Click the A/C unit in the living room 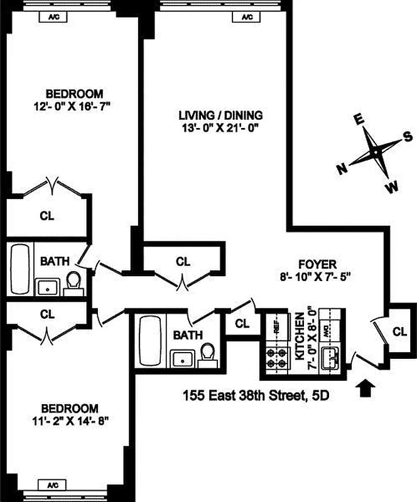coord(249,17)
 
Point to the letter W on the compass coord(392,186)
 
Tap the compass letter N coord(342,168)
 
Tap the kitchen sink coord(329,360)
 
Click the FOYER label coord(317,264)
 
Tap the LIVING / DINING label coord(220,115)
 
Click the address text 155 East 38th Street coord(239,395)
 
